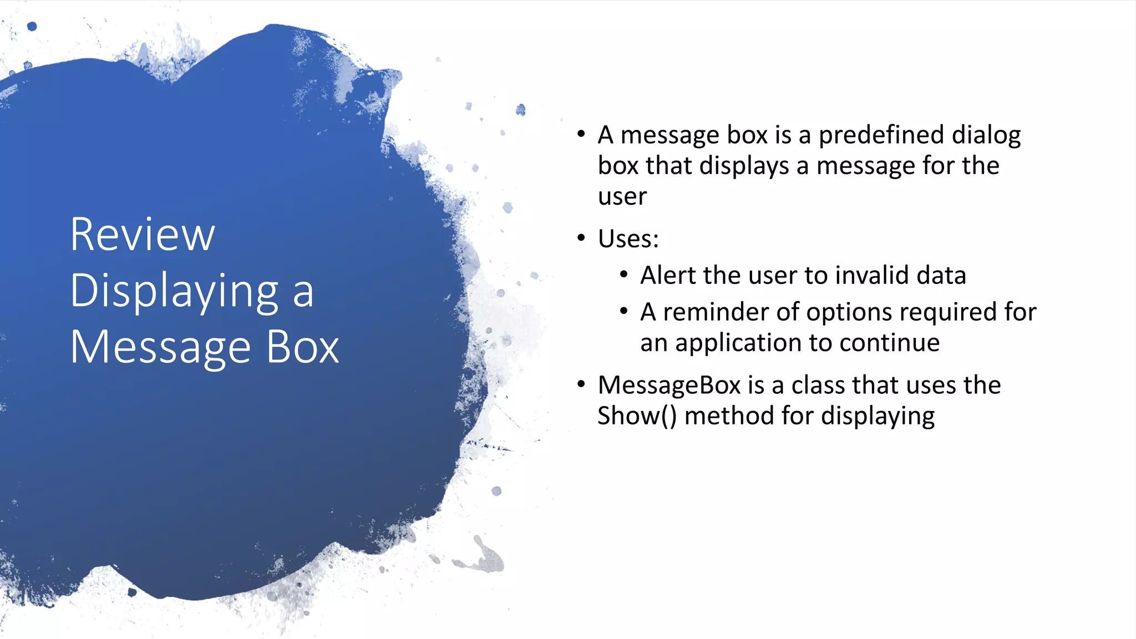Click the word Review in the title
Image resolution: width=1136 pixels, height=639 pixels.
point(143,235)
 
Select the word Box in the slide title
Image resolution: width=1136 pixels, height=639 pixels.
point(302,348)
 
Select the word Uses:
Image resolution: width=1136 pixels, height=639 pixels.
point(628,240)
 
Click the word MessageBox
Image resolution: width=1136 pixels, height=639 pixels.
point(669,386)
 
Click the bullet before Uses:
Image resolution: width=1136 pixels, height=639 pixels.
point(581,239)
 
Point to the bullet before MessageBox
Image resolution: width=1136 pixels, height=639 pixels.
point(581,384)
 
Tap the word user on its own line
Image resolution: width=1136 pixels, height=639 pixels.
point(622,197)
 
